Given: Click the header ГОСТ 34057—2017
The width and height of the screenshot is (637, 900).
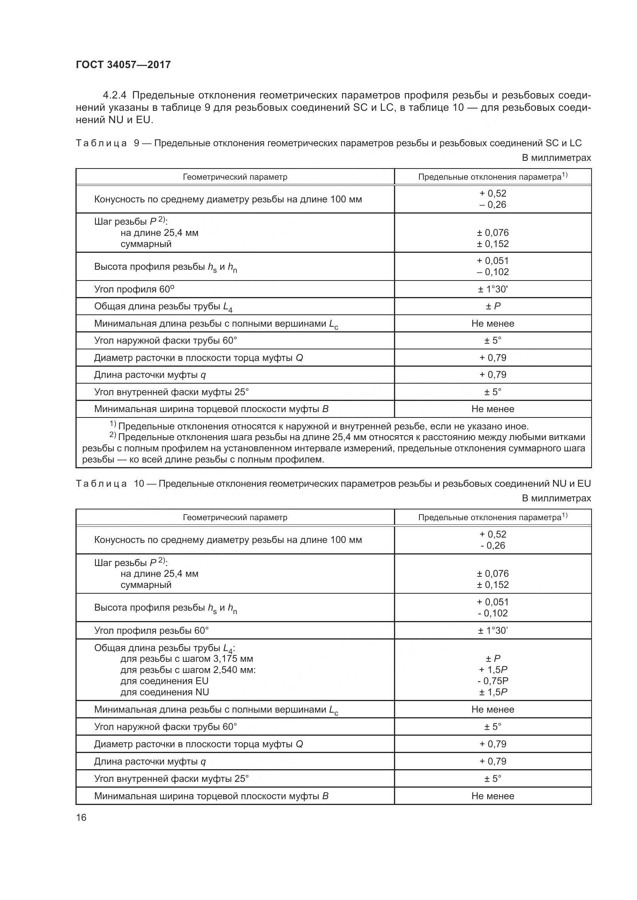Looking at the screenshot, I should coord(123,65).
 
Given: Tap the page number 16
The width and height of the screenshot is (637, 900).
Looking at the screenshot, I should coord(81,817).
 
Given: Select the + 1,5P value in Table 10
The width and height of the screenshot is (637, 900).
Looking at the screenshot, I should coord(493,670).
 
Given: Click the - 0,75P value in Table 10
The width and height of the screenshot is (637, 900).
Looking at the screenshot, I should coord(493,681).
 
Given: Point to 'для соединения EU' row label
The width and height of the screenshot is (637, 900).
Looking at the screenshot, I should coord(164,681).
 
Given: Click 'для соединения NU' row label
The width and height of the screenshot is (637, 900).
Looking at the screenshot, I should coord(164,692).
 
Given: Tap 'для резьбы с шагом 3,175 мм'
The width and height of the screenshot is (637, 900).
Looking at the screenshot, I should coord(187,658).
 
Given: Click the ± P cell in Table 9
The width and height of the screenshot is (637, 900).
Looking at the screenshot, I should coord(493,306).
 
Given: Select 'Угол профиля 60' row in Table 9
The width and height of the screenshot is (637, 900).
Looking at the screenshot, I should coord(134,289).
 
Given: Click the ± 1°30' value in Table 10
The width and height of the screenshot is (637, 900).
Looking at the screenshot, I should coord(493,630).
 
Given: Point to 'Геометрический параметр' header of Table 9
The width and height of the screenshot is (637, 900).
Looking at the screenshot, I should coord(235,177).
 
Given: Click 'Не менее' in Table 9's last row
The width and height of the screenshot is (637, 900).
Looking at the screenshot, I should coord(493,409).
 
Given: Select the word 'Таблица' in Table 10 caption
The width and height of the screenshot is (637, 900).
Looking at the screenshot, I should coord(101,484).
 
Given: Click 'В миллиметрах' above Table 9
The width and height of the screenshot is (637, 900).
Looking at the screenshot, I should coord(556,158).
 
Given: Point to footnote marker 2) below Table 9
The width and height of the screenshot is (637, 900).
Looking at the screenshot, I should coord(112,435).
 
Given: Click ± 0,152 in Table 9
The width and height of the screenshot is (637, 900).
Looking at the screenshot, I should coord(493,244).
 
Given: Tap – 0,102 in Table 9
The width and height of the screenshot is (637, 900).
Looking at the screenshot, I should coord(493,272).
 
